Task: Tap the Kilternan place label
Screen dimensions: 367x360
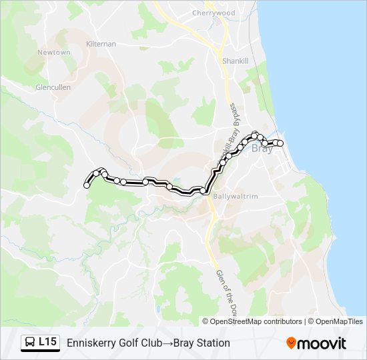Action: pyautogui.click(x=101, y=44)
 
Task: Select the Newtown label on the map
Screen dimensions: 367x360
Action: pyautogui.click(x=53, y=52)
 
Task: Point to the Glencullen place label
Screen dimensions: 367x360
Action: pyautogui.click(x=53, y=87)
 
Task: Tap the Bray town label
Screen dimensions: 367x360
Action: pyautogui.click(x=262, y=149)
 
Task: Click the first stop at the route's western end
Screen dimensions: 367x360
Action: pyautogui.click(x=87, y=185)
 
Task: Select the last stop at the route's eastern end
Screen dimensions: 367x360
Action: pyautogui.click(x=280, y=143)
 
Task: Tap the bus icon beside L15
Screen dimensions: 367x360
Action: pyautogui.click(x=30, y=343)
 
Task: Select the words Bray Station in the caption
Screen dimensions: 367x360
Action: pyautogui.click(x=202, y=343)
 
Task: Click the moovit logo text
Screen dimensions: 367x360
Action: pyautogui.click(x=322, y=343)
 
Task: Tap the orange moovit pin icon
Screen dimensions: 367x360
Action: pyautogui.click(x=291, y=343)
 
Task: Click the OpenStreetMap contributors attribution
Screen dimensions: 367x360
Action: pyautogui.click(x=256, y=321)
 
